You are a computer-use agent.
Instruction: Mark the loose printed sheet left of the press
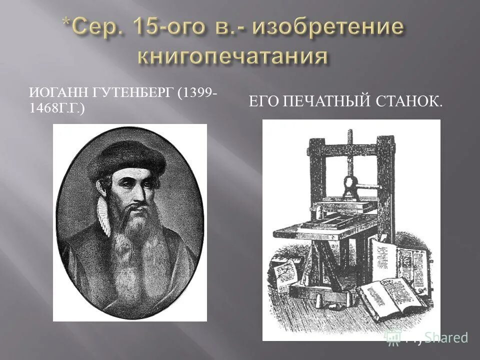pos(285,276)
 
